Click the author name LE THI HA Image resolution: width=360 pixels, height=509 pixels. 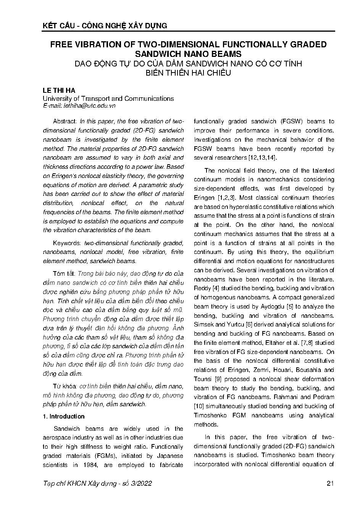[x=59, y=90]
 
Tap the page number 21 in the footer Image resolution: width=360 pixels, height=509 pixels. [x=331, y=483]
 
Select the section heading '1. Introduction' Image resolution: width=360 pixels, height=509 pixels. [x=63, y=416]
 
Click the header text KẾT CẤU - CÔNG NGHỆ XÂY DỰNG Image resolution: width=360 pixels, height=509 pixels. [x=105, y=26]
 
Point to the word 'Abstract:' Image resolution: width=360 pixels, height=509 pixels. [x=65, y=121]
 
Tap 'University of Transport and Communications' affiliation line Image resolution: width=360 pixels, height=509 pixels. [x=108, y=99]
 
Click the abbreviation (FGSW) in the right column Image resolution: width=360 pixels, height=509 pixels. [x=289, y=121]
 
